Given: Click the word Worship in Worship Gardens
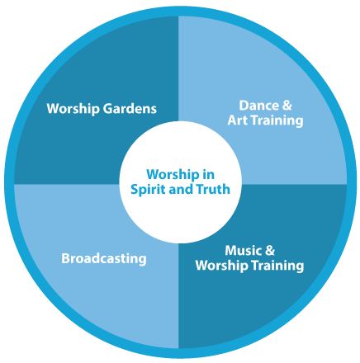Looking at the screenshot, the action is coord(73,109).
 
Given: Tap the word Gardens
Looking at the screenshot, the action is coord(130,109).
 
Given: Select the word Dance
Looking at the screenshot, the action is coord(258,106).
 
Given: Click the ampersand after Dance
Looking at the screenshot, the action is coord(287,106).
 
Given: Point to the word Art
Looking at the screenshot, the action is coord(237,120).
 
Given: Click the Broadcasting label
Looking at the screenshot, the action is coord(104,259).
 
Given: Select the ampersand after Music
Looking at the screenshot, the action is coord(270,251).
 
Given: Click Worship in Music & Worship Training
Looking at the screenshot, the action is coord(221,266).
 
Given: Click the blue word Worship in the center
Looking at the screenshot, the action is coord(173,175).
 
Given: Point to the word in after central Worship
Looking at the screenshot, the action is coord(208,175).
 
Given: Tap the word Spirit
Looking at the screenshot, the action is coord(148,190).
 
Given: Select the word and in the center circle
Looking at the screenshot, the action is coord(181,189).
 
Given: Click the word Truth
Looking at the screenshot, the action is coord(213,189).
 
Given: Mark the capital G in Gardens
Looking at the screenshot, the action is coord(108,109).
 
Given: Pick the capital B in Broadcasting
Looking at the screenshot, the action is coord(65,258).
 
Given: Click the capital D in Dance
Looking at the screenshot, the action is coord(244,106).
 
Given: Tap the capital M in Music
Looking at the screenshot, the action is coord(231,251).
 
